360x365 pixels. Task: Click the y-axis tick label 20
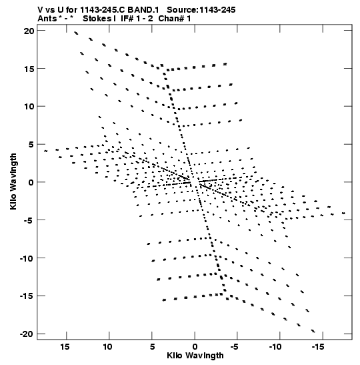[29, 31]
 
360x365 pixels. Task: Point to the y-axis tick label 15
[29, 69]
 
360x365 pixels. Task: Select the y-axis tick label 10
[29, 107]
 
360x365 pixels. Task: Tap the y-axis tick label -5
[29, 220]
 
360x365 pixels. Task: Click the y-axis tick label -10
[27, 258]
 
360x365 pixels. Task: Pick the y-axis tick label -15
[27, 296]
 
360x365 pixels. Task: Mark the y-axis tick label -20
[27, 334]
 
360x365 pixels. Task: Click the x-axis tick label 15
[65, 347]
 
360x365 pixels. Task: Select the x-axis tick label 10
[107, 347]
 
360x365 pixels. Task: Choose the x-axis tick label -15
[318, 347]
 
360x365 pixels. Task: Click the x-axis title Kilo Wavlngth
[195, 356]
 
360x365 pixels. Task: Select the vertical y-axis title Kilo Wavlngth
[13, 181]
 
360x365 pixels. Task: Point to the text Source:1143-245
[201, 10]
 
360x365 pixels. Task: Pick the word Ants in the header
[47, 19]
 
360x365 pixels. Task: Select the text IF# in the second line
[127, 19]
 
